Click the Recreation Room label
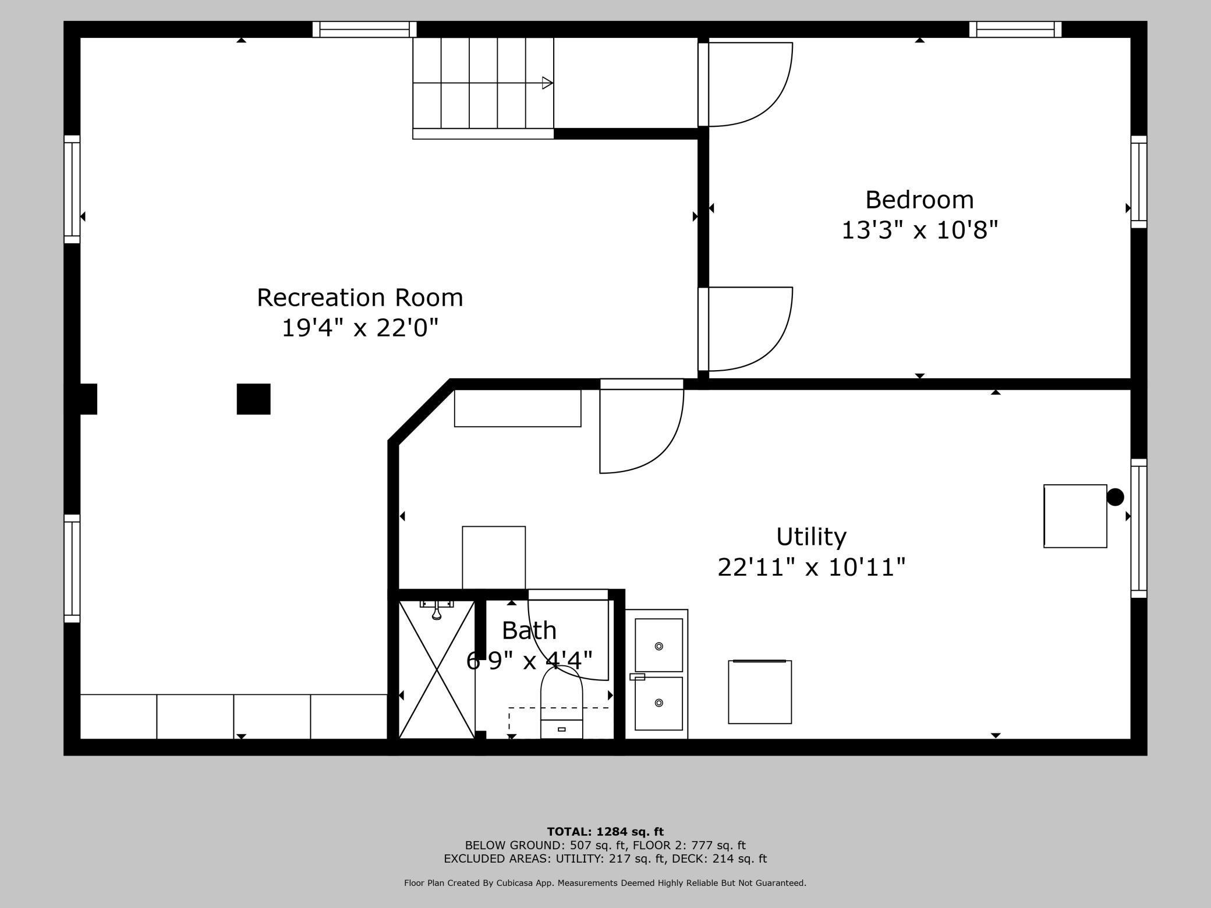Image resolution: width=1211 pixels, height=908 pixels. [x=360, y=297]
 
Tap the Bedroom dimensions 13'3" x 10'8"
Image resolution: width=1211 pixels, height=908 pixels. [x=920, y=230]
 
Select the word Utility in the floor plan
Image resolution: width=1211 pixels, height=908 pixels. [x=811, y=537]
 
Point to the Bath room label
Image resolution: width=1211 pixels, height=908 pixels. [x=529, y=630]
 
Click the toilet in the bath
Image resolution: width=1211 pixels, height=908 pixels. [x=561, y=703]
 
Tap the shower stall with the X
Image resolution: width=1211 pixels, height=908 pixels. [x=437, y=669]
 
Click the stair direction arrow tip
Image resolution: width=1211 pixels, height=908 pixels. [x=552, y=83]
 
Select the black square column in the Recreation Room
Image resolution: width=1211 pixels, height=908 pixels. [x=253, y=399]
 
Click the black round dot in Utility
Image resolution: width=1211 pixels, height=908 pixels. [x=1115, y=497]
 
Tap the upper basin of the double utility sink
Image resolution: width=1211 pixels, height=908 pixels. [x=658, y=645]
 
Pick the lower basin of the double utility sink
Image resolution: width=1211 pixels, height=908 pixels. [x=658, y=703]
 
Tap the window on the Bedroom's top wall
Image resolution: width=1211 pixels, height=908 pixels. [x=1015, y=29]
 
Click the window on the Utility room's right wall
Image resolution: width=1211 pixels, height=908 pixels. [x=1139, y=528]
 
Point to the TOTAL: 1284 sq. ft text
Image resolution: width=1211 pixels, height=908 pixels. [x=605, y=832]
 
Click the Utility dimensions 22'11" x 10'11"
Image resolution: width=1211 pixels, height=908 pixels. [x=811, y=567]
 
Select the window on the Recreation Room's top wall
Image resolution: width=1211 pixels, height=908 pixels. [x=364, y=29]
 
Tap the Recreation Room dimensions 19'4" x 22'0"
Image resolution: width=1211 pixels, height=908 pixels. [x=360, y=328]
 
